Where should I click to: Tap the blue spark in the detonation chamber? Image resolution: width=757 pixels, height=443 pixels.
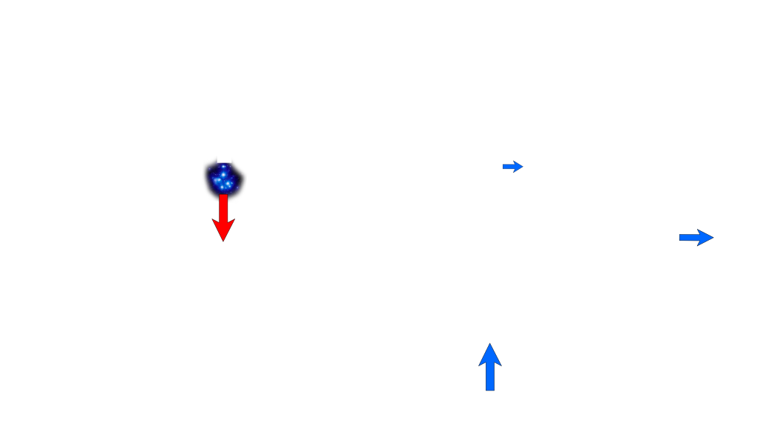(223, 178)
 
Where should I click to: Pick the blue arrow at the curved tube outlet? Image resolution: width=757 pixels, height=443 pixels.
(696, 237)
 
